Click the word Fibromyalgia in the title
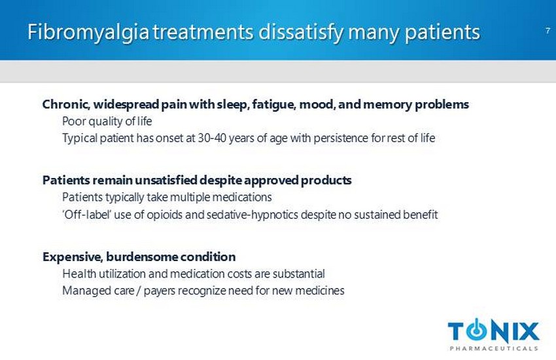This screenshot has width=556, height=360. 88,33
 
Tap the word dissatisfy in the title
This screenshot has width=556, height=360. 301,32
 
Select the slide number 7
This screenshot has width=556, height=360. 547,31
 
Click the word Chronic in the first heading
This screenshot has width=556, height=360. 65,105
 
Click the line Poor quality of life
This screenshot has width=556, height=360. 107,121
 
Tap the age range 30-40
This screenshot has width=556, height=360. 212,137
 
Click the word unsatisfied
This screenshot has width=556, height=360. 165,180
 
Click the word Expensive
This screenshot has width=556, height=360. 73,257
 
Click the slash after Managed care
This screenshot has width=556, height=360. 139,291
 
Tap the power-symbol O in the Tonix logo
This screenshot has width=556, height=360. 478,331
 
